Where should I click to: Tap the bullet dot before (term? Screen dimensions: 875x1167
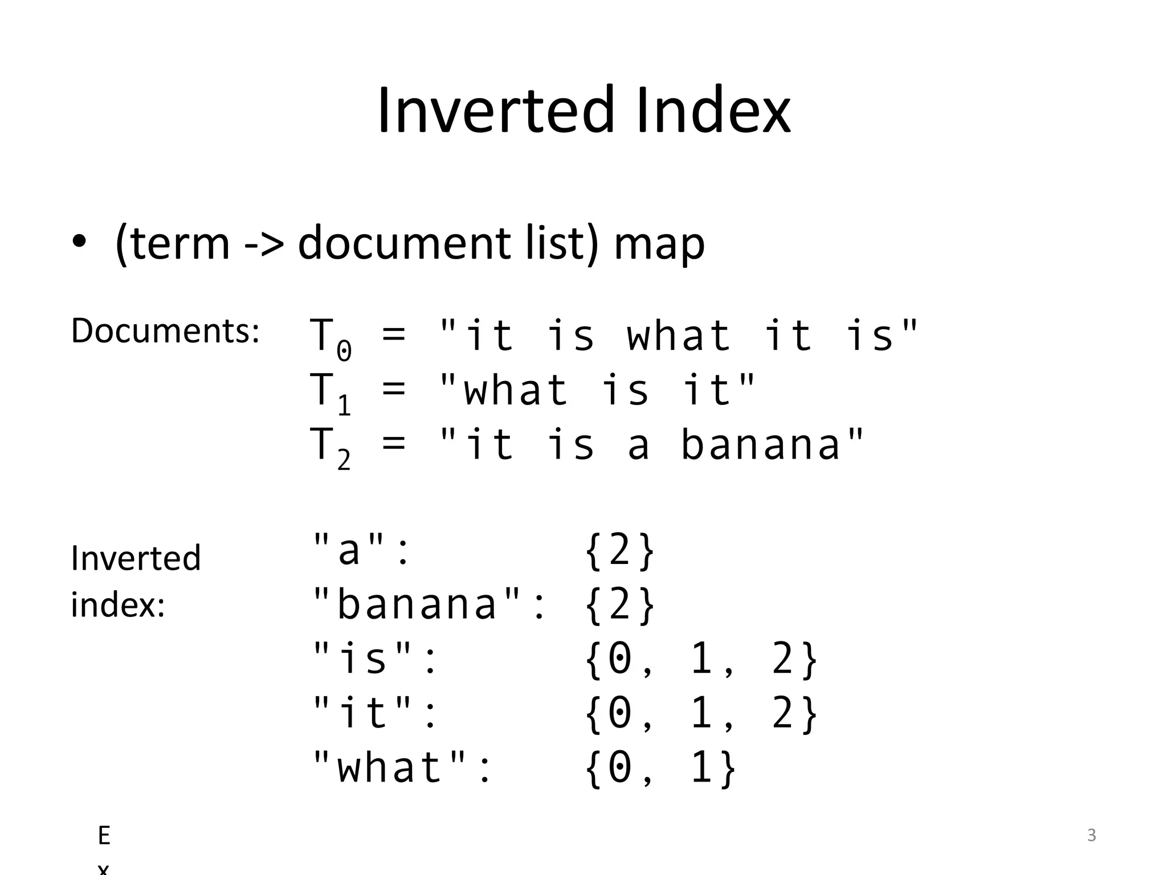[79, 242]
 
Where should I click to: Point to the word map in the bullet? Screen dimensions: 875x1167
[659, 245]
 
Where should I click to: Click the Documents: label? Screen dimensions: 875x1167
[165, 330]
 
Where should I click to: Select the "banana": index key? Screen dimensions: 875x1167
[429, 604]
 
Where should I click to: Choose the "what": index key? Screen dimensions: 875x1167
[402, 767]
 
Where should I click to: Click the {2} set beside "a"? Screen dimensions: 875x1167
[619, 550]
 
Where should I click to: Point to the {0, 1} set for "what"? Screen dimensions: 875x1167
[660, 767]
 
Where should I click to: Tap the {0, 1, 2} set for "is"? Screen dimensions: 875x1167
[701, 659]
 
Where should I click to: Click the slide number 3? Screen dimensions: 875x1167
[1091, 835]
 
